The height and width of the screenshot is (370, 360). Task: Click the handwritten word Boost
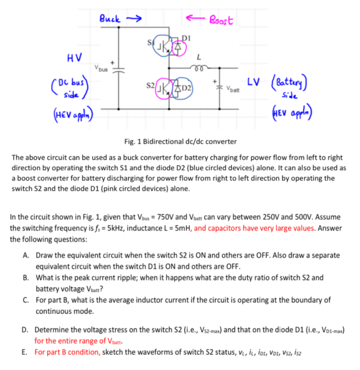(x=221, y=20)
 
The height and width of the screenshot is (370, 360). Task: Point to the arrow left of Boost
(x=194, y=17)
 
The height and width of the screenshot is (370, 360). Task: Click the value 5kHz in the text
(x=117, y=228)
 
